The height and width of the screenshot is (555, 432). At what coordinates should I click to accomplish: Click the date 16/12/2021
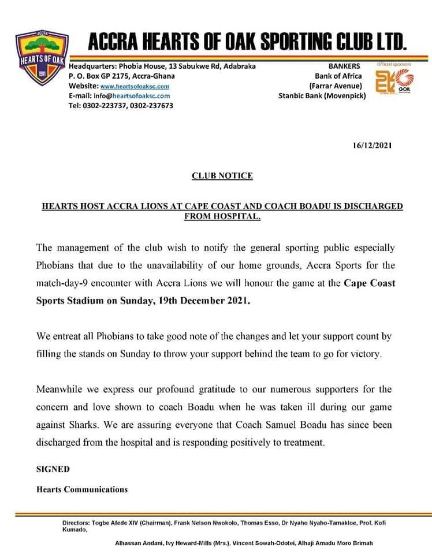coord(372,145)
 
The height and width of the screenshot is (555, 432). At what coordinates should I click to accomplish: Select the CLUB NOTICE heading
coord(222,176)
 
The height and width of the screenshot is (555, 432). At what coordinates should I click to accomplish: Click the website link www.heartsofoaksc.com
coord(135,86)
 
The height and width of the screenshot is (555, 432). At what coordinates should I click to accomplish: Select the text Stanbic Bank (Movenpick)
coord(322,95)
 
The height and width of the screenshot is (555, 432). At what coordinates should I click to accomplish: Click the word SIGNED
coord(53,469)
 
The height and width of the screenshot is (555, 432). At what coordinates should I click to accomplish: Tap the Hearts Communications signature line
coord(82,489)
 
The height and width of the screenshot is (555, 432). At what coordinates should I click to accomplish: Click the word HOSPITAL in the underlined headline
coord(238,217)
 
